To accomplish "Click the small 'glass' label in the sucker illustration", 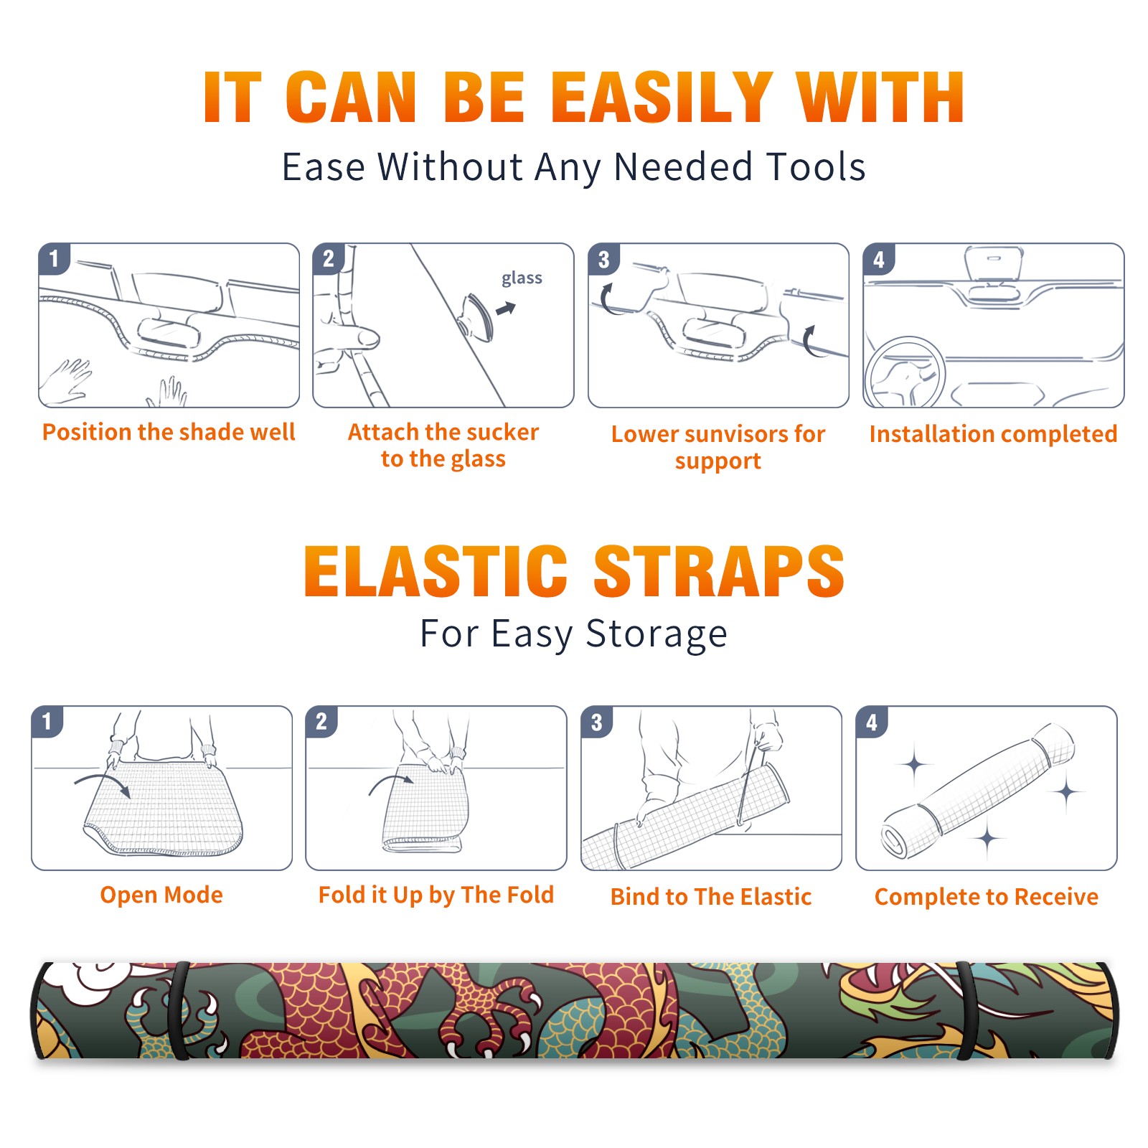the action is point(522,278).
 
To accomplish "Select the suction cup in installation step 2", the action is point(476,316).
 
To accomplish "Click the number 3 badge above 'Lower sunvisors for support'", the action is point(603,259).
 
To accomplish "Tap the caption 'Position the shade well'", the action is point(169,432).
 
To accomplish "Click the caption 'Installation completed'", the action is point(993,434).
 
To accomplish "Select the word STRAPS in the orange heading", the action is point(719,571).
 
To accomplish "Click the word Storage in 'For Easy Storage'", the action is point(657,634).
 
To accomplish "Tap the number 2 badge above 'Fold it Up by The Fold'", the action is point(321,722).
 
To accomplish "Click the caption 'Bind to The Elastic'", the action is point(711,897).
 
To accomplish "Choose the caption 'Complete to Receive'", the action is point(987,897).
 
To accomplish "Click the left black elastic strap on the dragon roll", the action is point(179,1010).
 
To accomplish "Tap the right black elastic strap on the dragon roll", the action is point(966,1010).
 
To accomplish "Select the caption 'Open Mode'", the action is point(161,895).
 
